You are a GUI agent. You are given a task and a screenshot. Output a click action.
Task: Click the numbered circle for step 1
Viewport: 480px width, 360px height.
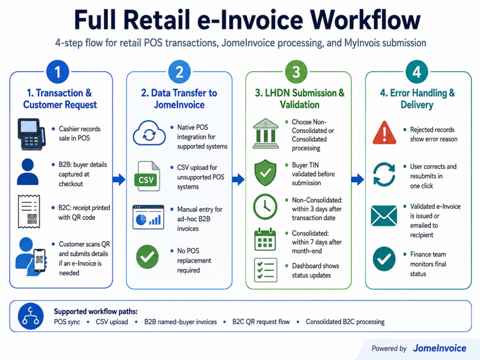[58, 72]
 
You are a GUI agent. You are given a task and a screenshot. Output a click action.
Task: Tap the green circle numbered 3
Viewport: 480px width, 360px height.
[296, 72]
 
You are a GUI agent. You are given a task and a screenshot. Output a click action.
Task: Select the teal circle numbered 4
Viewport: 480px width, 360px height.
[417, 72]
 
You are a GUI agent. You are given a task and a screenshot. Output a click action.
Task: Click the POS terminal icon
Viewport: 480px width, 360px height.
[31, 134]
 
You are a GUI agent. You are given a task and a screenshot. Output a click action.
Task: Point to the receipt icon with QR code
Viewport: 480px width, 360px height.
[29, 211]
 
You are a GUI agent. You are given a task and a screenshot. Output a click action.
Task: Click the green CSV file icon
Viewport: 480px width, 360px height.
[147, 176]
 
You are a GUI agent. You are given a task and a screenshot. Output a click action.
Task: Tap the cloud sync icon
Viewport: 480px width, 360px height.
[149, 133]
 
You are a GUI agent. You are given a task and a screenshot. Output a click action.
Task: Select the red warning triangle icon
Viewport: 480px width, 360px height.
[384, 133]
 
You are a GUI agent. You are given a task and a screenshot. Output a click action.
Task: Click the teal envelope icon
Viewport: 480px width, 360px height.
[384, 216]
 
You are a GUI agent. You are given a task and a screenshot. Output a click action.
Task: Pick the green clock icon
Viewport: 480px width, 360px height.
[265, 207]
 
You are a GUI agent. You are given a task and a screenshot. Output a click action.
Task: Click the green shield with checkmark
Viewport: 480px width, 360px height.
[265, 172]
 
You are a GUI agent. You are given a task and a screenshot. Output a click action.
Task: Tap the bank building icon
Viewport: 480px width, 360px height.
[266, 134]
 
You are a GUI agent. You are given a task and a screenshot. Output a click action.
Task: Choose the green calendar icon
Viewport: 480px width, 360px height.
[265, 240]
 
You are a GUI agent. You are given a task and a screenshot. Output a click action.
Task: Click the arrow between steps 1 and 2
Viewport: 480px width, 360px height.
[119, 180]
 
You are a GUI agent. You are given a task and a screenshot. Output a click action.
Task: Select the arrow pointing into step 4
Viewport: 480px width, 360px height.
[358, 180]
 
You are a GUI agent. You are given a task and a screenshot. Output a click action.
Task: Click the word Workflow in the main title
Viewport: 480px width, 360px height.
[365, 20]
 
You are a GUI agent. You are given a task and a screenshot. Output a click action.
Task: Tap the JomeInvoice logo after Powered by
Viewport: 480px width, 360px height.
[440, 348]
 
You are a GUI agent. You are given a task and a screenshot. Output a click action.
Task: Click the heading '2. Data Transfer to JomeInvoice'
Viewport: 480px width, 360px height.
[179, 98]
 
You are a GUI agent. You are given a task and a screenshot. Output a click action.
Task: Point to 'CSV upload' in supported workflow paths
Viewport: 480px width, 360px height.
[112, 322]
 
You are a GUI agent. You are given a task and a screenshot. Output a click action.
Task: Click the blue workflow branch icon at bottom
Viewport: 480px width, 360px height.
[30, 316]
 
